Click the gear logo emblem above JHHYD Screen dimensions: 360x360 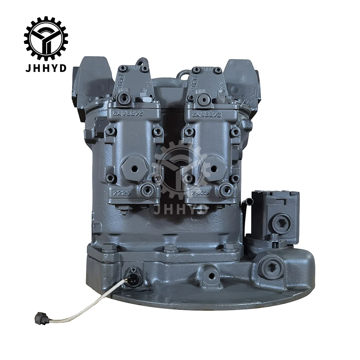tap(46, 38)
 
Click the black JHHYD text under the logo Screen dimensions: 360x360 tap(46, 68)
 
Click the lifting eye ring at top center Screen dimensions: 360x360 tap(184, 74)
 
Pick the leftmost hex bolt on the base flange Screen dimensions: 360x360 tap(107, 248)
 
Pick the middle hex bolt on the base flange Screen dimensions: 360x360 tap(170, 249)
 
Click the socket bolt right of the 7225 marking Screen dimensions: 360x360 tap(148, 190)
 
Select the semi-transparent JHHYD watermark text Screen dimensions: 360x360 tap(181, 209)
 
